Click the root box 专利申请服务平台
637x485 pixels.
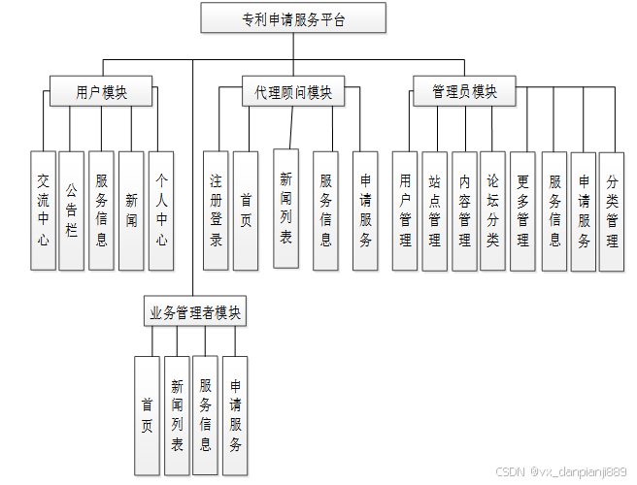pyautogui.click(x=293, y=18)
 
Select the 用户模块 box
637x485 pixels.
pyautogui.click(x=101, y=92)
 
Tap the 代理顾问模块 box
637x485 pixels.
pyautogui.click(x=292, y=92)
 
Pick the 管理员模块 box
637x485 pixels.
pyautogui.click(x=464, y=92)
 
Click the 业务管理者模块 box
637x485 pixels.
pyautogui.click(x=195, y=312)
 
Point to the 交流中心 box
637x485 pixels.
pyautogui.click(x=43, y=210)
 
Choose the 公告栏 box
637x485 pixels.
pyautogui.click(x=72, y=210)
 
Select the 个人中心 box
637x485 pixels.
pyautogui.click(x=160, y=210)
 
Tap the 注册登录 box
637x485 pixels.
pyautogui.click(x=217, y=210)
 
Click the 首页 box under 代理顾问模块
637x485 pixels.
pyautogui.click(x=246, y=210)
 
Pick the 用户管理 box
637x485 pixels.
pyautogui.click(x=405, y=210)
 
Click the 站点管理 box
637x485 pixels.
pyautogui.click(x=434, y=210)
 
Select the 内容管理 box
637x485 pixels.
pyautogui.click(x=464, y=210)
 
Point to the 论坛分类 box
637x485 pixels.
pyautogui.click(x=493, y=210)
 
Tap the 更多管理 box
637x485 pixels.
pyautogui.click(x=522, y=210)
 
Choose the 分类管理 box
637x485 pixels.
pyautogui.click(x=612, y=210)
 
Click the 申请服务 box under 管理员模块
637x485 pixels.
pyautogui.click(x=583, y=210)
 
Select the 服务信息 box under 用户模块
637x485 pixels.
pyautogui.click(x=101, y=210)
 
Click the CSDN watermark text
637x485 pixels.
pyautogui.click(x=561, y=471)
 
